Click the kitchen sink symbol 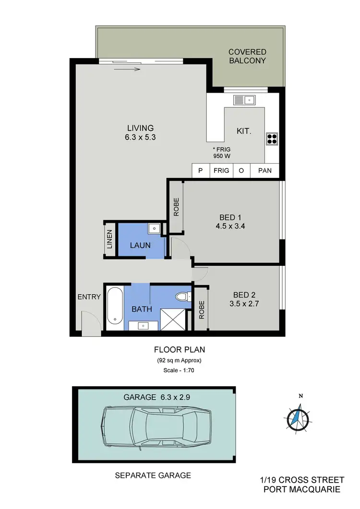click(x=244, y=100)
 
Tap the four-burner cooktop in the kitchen click(x=272, y=138)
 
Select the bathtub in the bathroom click(x=114, y=306)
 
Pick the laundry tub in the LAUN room click(x=154, y=229)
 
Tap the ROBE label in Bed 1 click(x=176, y=206)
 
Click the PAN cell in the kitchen click(x=264, y=170)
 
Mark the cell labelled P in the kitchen click(x=200, y=170)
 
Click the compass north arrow click(x=299, y=414)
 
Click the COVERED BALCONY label click(x=247, y=56)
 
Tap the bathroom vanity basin click(x=144, y=326)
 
